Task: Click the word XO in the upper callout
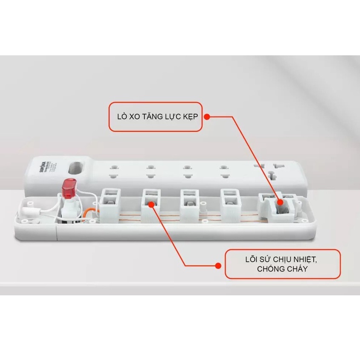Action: pyautogui.click(x=133, y=116)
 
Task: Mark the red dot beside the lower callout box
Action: pyautogui.click(x=218, y=266)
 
